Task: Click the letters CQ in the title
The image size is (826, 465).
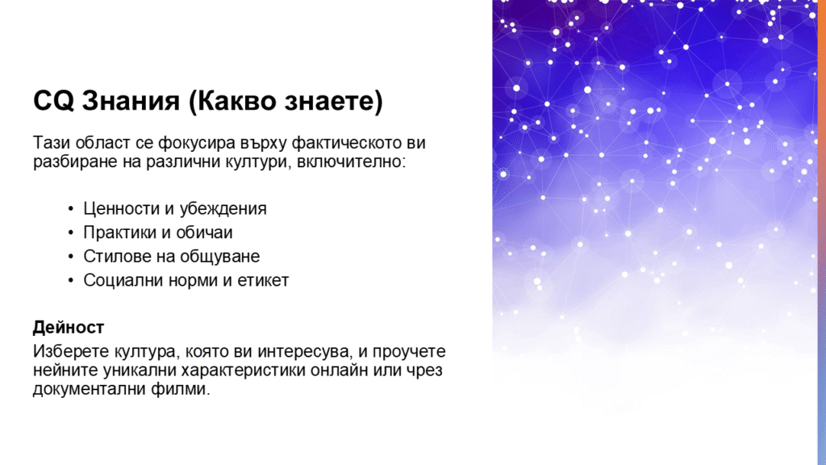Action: coord(53,101)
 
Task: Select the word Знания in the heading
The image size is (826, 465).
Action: coord(131,101)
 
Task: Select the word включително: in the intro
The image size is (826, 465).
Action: coord(352,161)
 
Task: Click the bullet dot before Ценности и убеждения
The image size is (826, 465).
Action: coord(71,209)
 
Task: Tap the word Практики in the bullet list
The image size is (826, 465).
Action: coord(121,232)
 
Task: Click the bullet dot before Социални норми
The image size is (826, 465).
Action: coord(71,280)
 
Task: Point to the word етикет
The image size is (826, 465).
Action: coord(264,280)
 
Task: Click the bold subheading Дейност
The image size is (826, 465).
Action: coord(69,328)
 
